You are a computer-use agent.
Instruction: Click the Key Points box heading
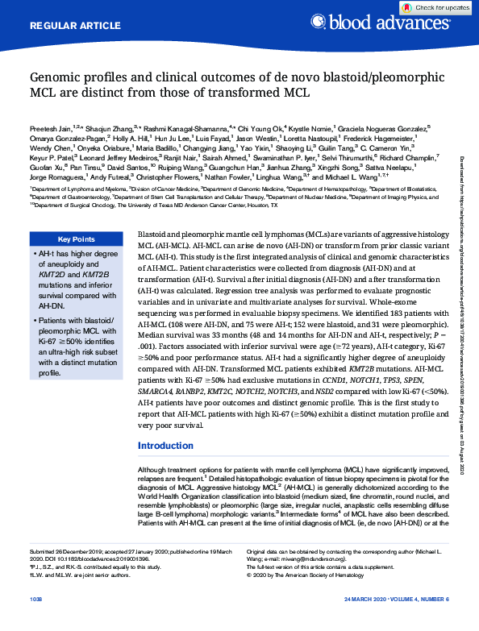pyautogui.click(x=77, y=239)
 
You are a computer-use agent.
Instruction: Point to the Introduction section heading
pyautogui.click(x=165, y=446)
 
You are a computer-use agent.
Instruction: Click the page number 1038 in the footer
pyautogui.click(x=36, y=623)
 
